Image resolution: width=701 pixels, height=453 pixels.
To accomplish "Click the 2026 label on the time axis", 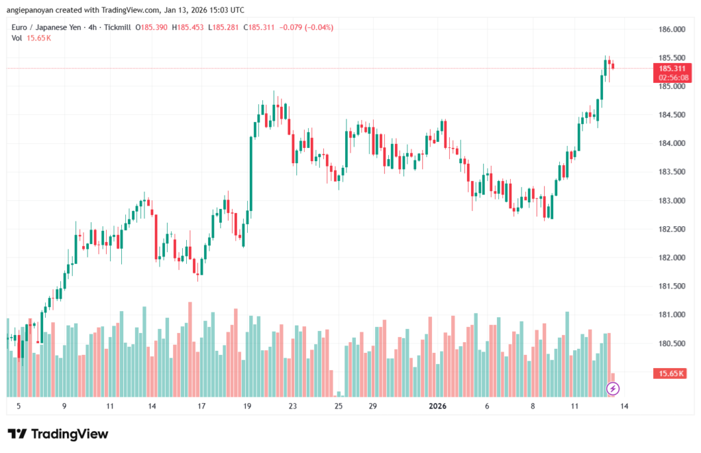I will pyautogui.click(x=437, y=406).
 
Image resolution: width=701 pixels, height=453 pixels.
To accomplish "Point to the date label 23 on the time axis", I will pyautogui.click(x=293, y=406).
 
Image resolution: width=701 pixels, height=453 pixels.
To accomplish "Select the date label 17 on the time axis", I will pyautogui.click(x=202, y=406).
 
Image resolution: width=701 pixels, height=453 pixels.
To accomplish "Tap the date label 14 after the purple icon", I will pyautogui.click(x=624, y=406).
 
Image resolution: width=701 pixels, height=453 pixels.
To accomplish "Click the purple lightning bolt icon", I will pyautogui.click(x=613, y=389).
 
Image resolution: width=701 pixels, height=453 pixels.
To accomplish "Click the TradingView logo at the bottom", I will pyautogui.click(x=58, y=434).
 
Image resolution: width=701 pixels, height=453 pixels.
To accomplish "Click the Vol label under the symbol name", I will pyautogui.click(x=16, y=38).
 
